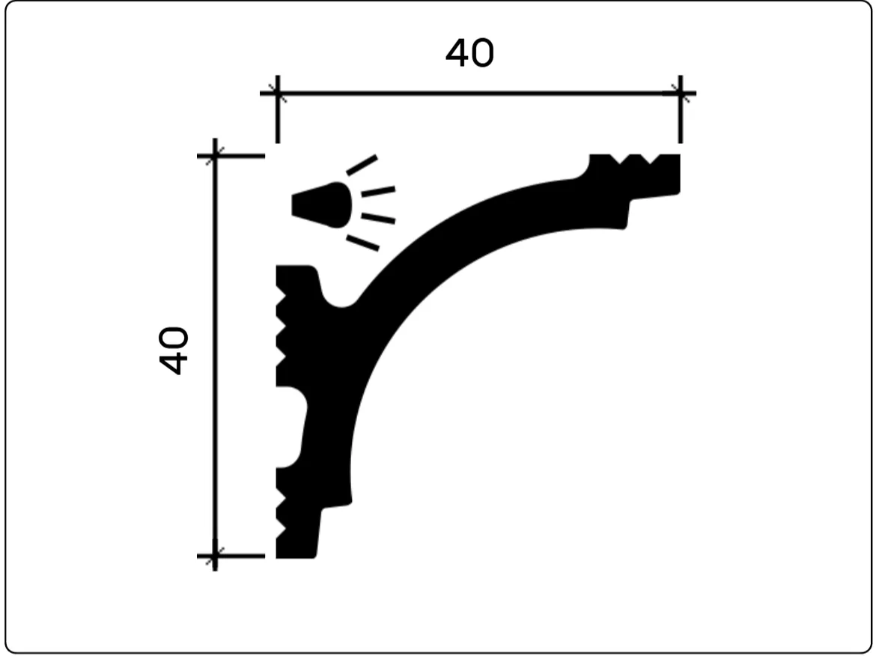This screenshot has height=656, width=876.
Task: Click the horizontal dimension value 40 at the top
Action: pyautogui.click(x=470, y=53)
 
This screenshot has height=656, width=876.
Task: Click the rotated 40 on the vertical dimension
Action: pyautogui.click(x=174, y=350)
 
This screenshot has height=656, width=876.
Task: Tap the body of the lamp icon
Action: pyautogui.click(x=322, y=205)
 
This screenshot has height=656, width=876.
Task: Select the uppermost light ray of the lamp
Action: pyautogui.click(x=362, y=165)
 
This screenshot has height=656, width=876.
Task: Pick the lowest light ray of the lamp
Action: pyautogui.click(x=362, y=243)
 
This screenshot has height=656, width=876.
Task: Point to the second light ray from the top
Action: pyautogui.click(x=378, y=192)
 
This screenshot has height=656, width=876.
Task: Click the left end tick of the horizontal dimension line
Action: pyautogui.click(x=278, y=94)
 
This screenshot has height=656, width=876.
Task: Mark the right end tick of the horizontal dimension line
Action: pyautogui.click(x=680, y=94)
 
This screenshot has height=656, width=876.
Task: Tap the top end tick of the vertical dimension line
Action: pyautogui.click(x=215, y=156)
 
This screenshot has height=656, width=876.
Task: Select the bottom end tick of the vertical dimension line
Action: pyautogui.click(x=215, y=556)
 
